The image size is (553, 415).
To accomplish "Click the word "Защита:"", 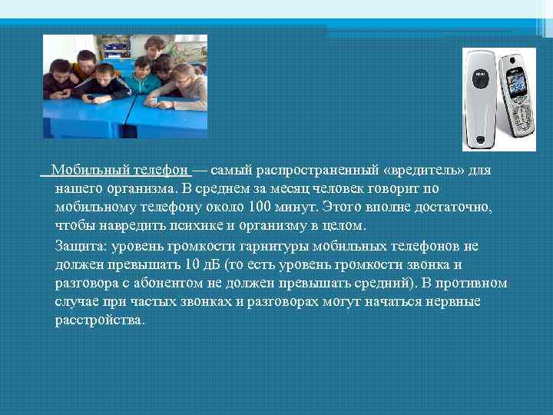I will [82, 246].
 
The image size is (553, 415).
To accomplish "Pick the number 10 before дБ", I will [192, 264].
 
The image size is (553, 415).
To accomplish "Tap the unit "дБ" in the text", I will [211, 264].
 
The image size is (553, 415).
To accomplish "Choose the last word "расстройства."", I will [99, 320].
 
